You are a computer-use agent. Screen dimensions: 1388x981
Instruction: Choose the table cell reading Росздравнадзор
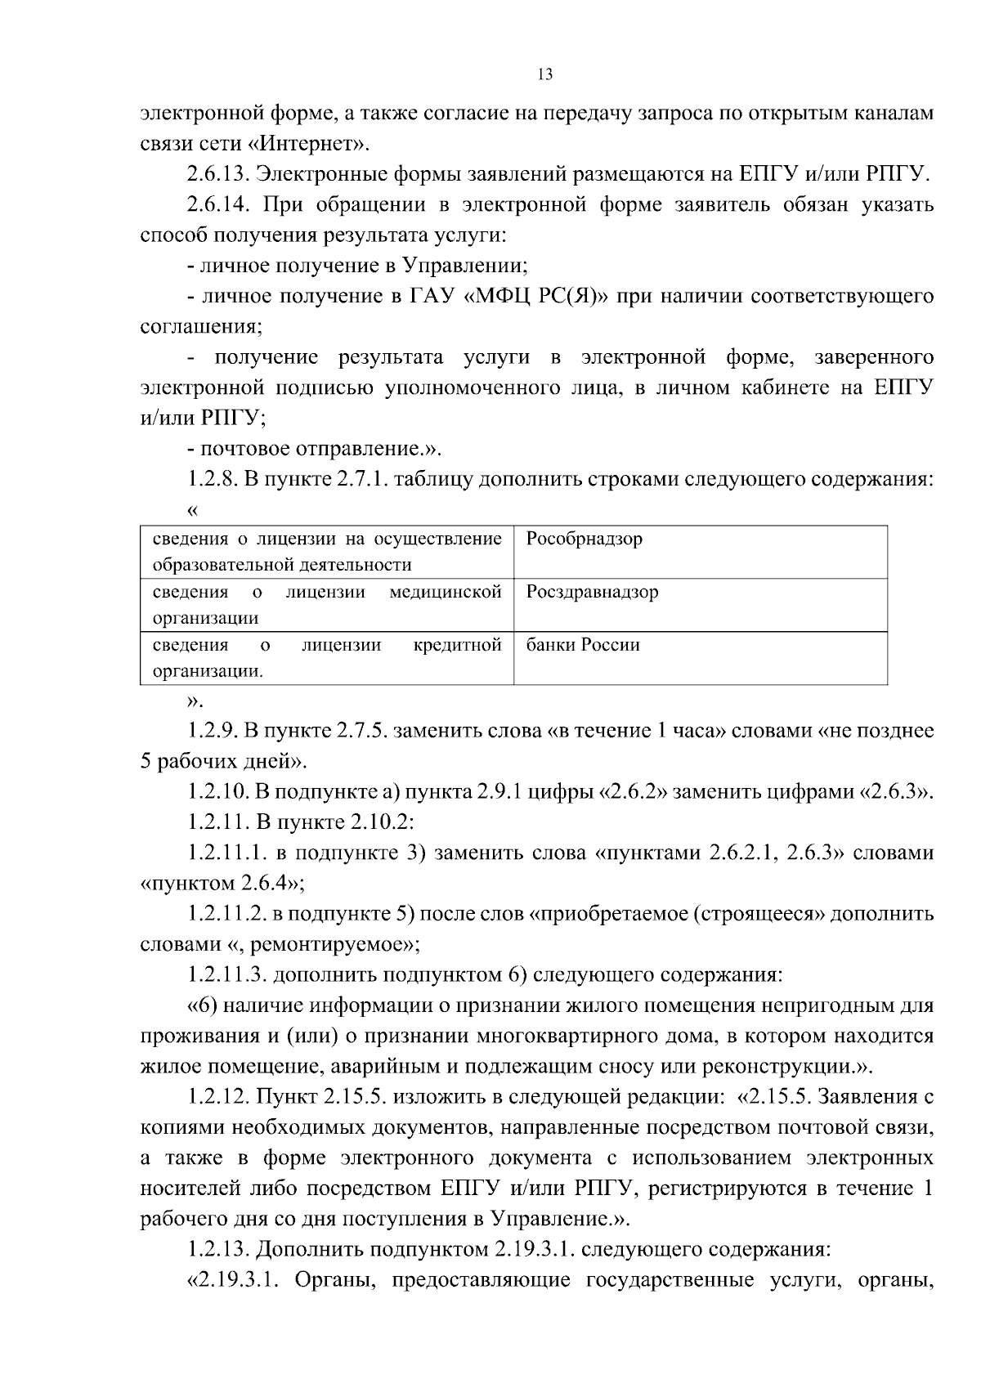click(x=592, y=592)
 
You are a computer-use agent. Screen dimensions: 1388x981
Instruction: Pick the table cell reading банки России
click(x=582, y=645)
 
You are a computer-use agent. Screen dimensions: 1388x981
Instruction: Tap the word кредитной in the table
click(x=458, y=645)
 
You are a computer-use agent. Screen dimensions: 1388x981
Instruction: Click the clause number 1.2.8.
click(x=211, y=479)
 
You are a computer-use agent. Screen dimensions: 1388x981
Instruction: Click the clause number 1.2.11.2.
click(x=226, y=914)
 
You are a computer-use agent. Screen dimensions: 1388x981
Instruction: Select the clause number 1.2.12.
click(x=217, y=1096)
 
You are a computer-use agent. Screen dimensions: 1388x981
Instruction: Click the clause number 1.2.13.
click(x=217, y=1249)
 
